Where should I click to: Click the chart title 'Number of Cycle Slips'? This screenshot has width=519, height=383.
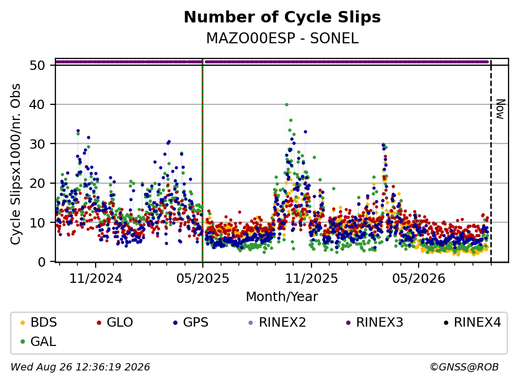click(282, 17)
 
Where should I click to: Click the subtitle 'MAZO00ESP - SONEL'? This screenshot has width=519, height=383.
click(282, 38)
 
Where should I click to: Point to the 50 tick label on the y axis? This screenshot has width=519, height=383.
click(38, 65)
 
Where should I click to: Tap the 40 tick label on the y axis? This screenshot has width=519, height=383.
click(38, 105)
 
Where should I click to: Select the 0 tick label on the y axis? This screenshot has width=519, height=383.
click(42, 262)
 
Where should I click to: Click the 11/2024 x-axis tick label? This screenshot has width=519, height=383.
click(96, 279)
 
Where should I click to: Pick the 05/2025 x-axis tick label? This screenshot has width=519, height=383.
click(203, 279)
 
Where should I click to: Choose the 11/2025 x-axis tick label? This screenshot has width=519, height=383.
click(312, 279)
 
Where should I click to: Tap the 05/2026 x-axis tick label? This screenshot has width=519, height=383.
click(419, 279)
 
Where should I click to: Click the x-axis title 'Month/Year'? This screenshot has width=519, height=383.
click(282, 297)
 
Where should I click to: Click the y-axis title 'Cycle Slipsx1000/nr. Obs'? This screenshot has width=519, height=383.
click(16, 164)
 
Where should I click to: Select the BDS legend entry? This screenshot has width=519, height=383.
click(38, 322)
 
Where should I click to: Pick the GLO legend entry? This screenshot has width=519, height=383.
click(114, 322)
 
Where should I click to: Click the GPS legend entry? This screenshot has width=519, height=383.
click(191, 322)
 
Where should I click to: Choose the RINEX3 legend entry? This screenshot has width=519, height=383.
click(374, 322)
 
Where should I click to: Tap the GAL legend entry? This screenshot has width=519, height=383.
click(38, 342)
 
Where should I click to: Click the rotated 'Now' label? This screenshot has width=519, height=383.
click(500, 109)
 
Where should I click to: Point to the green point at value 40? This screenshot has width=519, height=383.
click(286, 105)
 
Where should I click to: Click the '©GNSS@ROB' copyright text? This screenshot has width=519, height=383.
click(464, 367)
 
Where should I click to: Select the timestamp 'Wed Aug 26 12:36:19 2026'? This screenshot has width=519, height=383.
click(80, 367)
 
